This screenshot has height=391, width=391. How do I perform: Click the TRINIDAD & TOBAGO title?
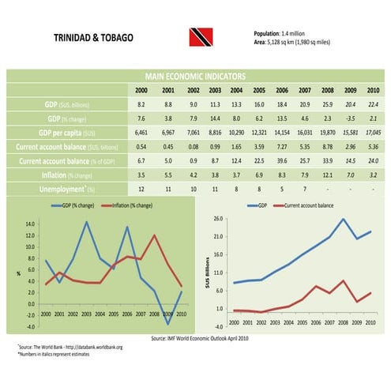(x=93, y=38)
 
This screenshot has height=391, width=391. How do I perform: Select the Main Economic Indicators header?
(x=194, y=77)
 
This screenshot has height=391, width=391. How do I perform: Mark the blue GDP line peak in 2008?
(x=343, y=219)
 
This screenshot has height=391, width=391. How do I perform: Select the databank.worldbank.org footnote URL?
(x=96, y=347)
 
